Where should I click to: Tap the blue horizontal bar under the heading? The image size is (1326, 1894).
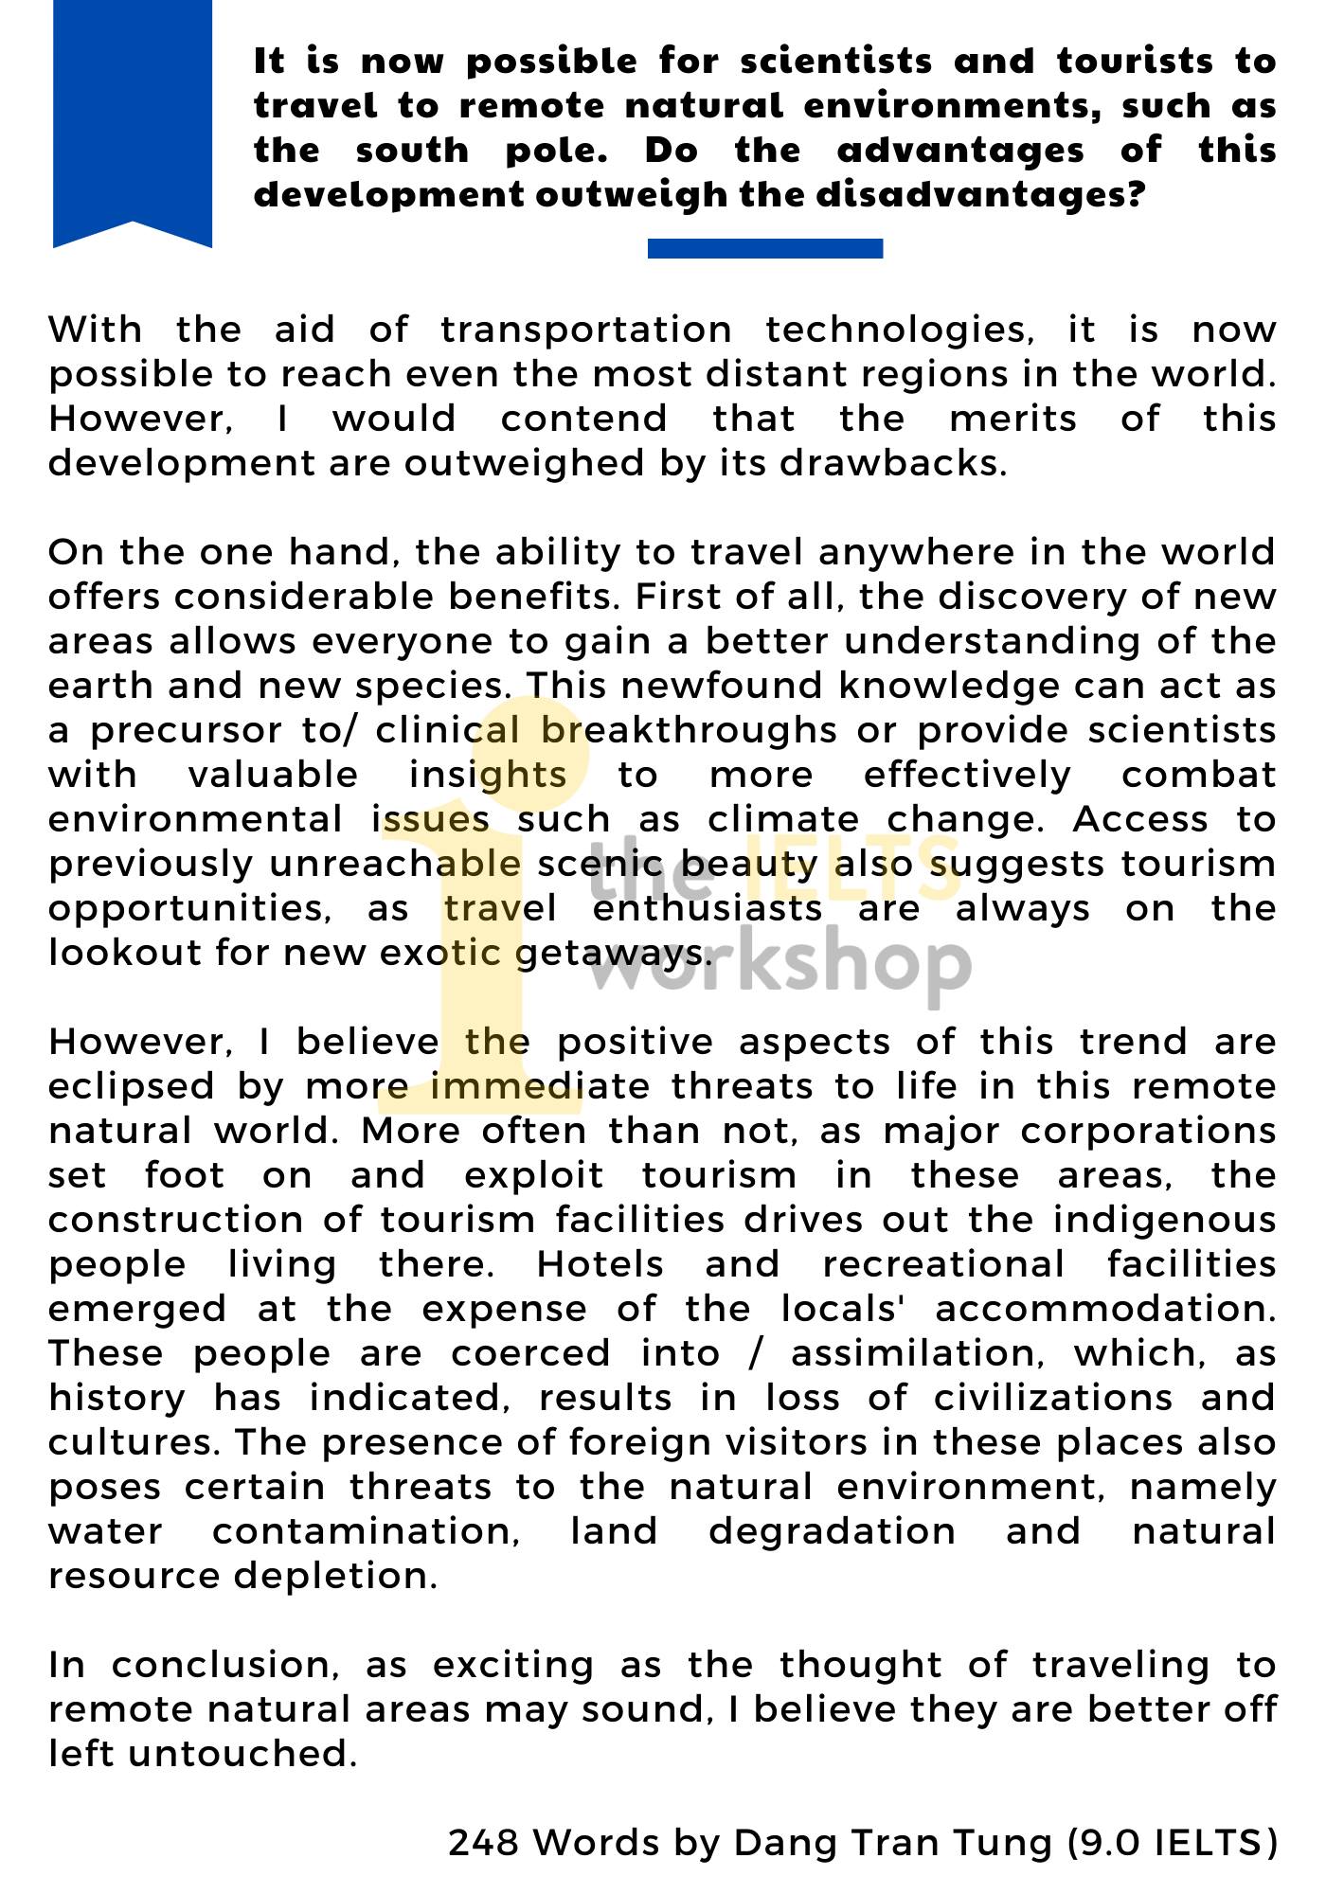click(x=764, y=248)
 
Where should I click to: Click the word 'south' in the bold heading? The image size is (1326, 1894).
click(x=412, y=151)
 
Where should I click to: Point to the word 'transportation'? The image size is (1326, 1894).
click(x=586, y=331)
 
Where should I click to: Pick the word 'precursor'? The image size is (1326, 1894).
click(x=188, y=731)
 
